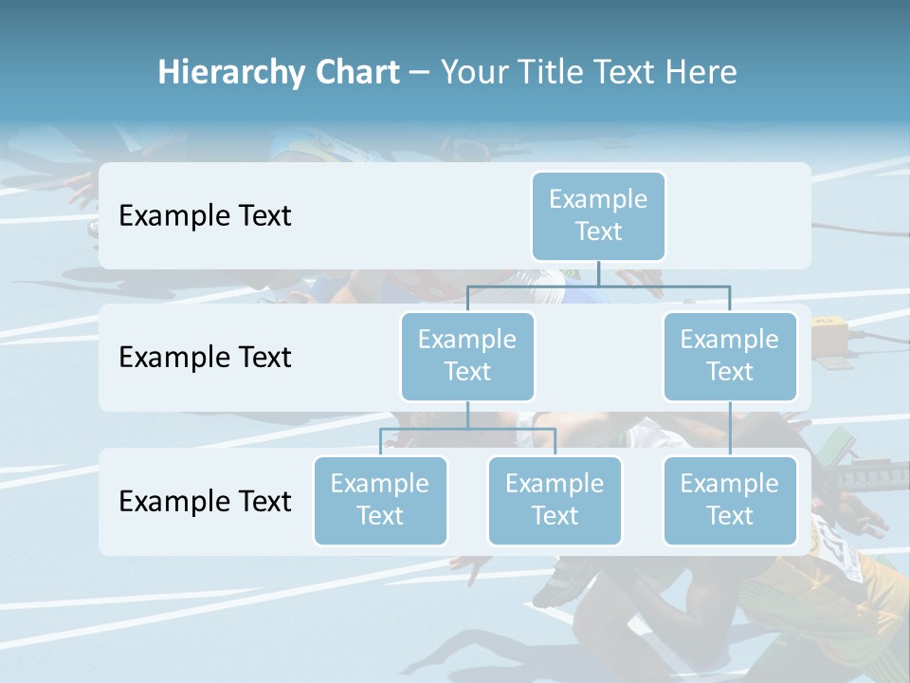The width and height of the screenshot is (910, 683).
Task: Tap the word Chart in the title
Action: click(355, 73)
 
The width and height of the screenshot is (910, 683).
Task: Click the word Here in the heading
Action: click(701, 73)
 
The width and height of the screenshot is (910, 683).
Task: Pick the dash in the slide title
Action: click(420, 73)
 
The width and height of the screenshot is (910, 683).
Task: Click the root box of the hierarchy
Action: click(598, 215)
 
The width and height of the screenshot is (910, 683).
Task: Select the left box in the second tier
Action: click(467, 356)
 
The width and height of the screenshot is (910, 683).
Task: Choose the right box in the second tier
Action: click(730, 356)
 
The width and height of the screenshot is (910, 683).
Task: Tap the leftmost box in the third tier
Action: click(380, 500)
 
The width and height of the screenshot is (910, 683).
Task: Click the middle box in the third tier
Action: click(555, 500)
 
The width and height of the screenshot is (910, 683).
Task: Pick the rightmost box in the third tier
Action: click(730, 500)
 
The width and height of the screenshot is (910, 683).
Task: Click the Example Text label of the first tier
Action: click(205, 216)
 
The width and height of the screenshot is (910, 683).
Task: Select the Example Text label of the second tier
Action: click(205, 358)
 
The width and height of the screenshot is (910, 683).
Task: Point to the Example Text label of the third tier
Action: click(205, 502)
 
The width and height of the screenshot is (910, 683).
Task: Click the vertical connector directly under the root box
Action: click(598, 273)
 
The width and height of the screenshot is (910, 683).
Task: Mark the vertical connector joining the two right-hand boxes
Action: click(730, 428)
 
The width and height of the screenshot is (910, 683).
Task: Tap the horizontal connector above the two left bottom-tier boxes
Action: click(467, 429)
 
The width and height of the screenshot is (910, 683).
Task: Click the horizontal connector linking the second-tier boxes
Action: click(598, 286)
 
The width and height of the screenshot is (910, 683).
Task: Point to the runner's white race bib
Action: click(838, 550)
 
